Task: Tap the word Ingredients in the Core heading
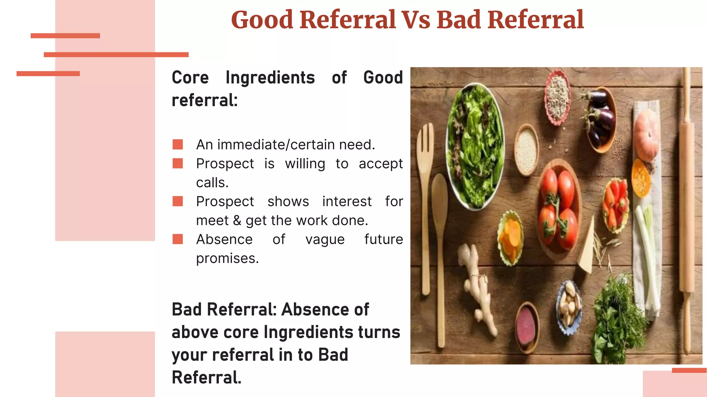pos(270,78)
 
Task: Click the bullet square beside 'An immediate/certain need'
pos(178,144)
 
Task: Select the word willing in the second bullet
pos(305,164)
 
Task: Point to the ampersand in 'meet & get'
pos(237,221)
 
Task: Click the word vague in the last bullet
pos(325,240)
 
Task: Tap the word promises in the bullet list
pos(227,258)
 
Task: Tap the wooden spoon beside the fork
pos(440,241)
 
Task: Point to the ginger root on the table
pos(478,289)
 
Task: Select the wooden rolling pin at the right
pos(687,207)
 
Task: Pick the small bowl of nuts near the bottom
pos(569,307)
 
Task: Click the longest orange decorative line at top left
pos(116,54)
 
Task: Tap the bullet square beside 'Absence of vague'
pos(178,239)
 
